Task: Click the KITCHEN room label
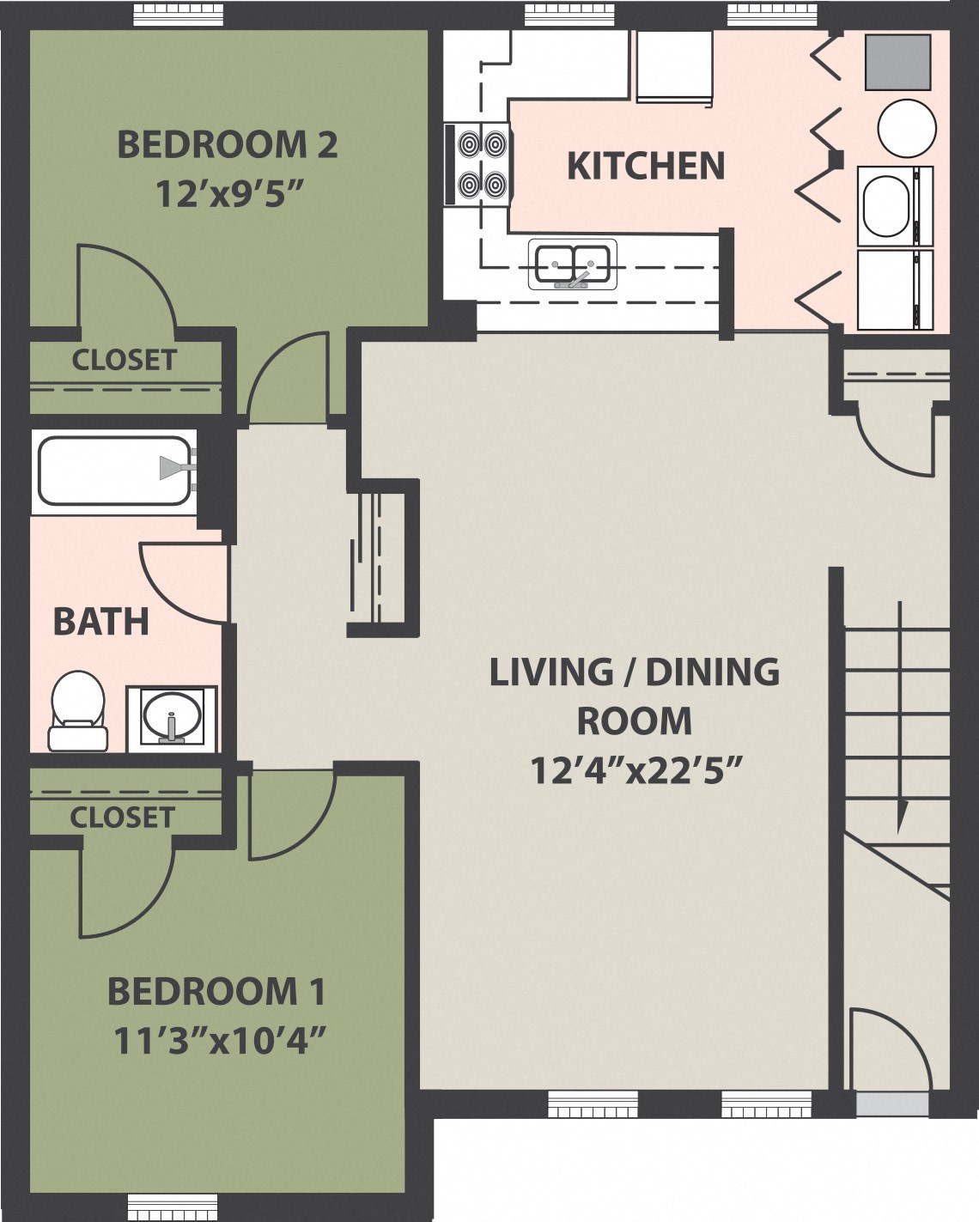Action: [x=646, y=166]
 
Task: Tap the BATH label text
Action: [x=100, y=622]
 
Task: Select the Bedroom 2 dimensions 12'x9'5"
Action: [x=230, y=194]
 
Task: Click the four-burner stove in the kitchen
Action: [x=479, y=163]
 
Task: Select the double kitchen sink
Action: [x=573, y=263]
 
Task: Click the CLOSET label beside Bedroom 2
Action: [x=124, y=360]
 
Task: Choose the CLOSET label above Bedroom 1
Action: [x=122, y=817]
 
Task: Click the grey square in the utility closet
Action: [x=897, y=62]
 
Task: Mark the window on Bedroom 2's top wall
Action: [x=182, y=14]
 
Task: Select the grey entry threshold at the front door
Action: [x=892, y=1103]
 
